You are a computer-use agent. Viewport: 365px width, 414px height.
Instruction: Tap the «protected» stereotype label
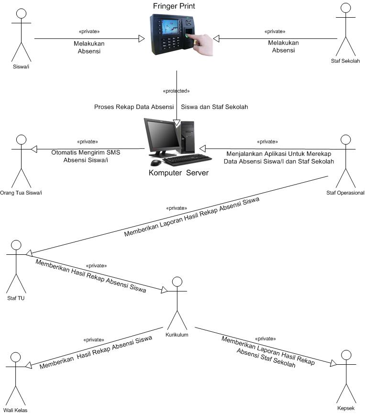(x=177, y=90)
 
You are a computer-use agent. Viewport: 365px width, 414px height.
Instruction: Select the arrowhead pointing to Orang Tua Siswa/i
(x=34, y=149)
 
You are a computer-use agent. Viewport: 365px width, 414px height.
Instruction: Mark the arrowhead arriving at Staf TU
(x=29, y=252)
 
